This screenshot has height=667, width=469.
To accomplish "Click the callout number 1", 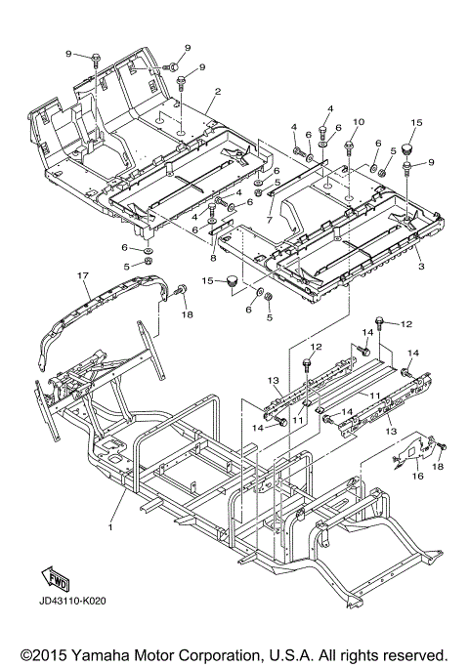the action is point(110,527).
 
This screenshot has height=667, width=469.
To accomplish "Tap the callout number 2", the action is point(218,91).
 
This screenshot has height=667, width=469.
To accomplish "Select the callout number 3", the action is point(421,267).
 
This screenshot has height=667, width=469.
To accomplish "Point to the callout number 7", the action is point(269,221).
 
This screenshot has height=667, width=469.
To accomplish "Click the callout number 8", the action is point(213,258).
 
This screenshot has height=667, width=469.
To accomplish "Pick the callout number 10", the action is point(359,122).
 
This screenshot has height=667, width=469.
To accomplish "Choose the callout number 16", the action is point(418,476).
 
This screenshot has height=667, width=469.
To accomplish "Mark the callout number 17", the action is point(83,275).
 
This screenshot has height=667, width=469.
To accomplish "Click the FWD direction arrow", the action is point(54,578).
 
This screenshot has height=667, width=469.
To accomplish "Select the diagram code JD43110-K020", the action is point(72,601).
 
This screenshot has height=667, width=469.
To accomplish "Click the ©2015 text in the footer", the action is point(44,654).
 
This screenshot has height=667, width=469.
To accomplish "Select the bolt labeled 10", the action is point(349,146).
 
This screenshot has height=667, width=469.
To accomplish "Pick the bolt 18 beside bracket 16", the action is point(443,446).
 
